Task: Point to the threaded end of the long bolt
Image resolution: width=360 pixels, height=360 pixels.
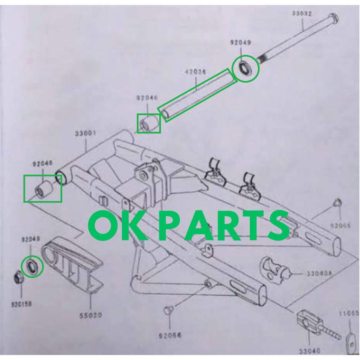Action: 265,58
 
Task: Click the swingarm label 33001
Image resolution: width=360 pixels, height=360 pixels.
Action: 85,134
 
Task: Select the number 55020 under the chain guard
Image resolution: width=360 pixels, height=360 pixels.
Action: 91,315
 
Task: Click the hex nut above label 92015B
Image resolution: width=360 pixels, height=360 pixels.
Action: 19,278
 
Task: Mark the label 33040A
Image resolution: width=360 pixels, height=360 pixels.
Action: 319,274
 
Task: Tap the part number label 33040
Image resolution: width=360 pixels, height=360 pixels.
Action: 309,351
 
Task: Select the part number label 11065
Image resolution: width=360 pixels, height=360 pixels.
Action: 349,313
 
